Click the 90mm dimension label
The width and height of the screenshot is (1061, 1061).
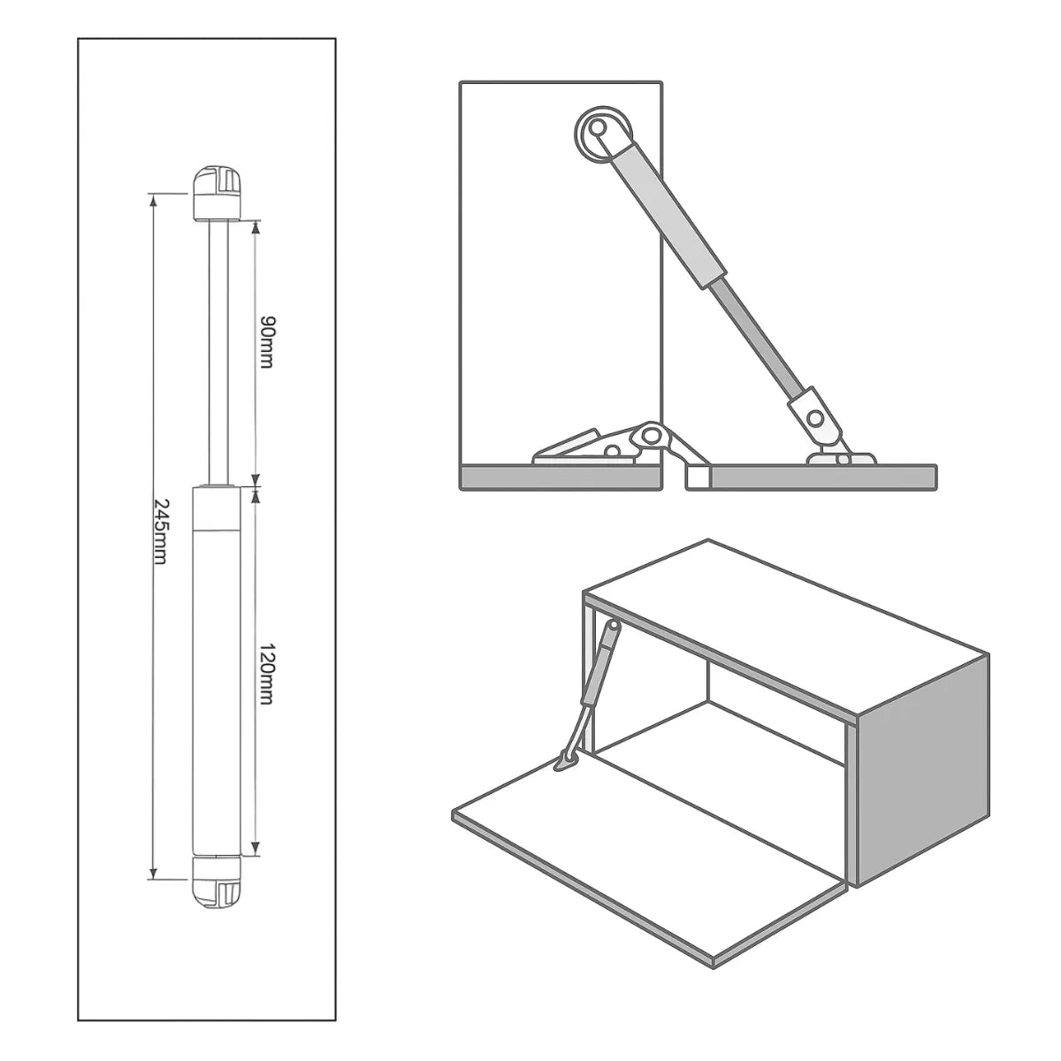point(266,342)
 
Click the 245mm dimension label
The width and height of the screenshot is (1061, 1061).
point(160,531)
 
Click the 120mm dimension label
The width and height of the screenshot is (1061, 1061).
point(266,673)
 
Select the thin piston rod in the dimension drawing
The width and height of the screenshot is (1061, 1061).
point(218,353)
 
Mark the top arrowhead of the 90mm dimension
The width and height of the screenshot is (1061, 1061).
point(256,227)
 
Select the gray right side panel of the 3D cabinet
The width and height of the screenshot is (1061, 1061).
point(920,768)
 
